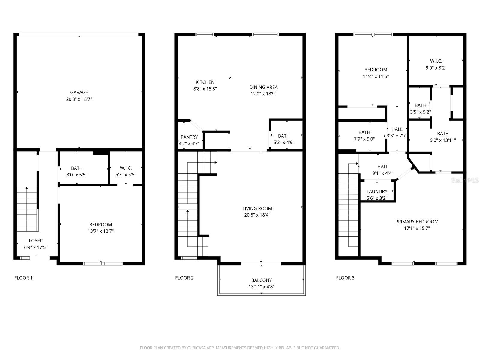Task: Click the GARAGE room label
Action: [79, 92]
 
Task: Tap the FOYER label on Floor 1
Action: [36, 241]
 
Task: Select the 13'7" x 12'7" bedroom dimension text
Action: [101, 231]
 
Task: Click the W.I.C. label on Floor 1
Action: [126, 168]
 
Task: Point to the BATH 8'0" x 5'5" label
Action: [77, 168]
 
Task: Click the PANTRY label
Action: [189, 137]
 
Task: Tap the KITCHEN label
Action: [205, 82]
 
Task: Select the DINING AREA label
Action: [263, 87]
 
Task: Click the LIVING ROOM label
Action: [257, 208]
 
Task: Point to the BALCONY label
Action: [262, 280]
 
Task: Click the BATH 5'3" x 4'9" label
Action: [284, 136]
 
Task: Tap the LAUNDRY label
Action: [377, 191]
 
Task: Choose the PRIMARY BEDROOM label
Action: [417, 222]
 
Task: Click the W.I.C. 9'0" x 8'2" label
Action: [436, 61]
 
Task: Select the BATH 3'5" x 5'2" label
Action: [420, 105]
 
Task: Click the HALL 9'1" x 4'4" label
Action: [383, 166]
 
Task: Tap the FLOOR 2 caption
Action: [184, 278]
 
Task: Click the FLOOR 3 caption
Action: [345, 278]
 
